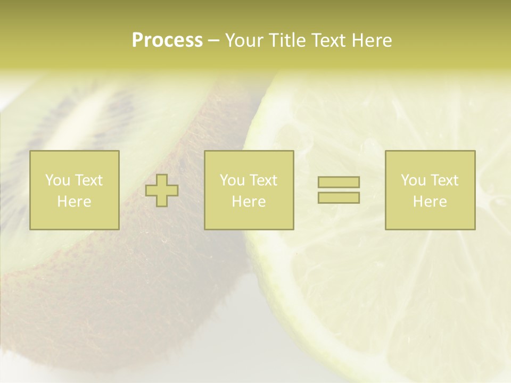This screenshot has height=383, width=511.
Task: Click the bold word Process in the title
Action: coord(167,40)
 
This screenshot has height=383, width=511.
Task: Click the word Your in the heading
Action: coord(245,40)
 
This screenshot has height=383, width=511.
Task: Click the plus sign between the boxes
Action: coord(162,190)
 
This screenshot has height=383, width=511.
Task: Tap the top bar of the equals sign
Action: coord(339,182)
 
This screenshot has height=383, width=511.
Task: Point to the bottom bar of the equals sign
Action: coord(339,197)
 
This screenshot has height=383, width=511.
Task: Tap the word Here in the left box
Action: coord(75,202)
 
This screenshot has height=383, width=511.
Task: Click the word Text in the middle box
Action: coord(263,180)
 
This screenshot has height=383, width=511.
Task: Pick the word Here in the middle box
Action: coord(249,202)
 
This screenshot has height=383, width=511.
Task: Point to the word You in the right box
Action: coord(413,180)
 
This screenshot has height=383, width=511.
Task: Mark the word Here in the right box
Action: coord(430,202)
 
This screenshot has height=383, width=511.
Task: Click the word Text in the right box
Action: coord(444,180)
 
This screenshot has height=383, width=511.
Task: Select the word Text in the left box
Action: coord(89,180)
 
